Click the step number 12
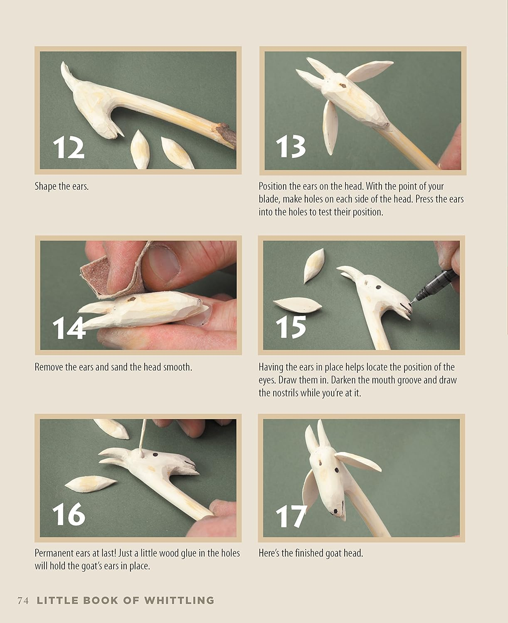pos(69,148)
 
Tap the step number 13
pos(291,147)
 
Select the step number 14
pos(69,328)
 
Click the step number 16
pos(69,514)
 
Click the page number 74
pos(23,601)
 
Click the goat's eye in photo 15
pos(379,287)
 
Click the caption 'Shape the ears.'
pos(62,186)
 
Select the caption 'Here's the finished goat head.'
pos(311,553)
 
